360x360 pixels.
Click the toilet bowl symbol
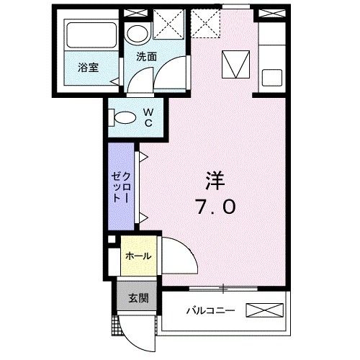[x=123, y=116]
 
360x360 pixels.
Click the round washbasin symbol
[x=136, y=32]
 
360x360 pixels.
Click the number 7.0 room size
[x=214, y=207]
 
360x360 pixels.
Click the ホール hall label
[x=138, y=256]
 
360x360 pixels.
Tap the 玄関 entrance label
[x=138, y=298]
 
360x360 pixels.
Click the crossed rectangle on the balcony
[x=267, y=311]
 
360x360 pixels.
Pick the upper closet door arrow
[x=144, y=156]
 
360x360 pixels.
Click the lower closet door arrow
[x=144, y=216]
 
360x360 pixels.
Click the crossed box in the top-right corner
[x=271, y=14]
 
